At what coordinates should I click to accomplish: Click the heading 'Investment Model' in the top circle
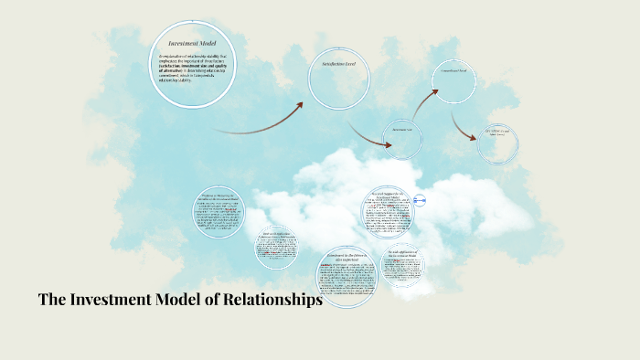(x=193, y=43)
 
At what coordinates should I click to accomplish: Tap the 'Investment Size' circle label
(x=403, y=130)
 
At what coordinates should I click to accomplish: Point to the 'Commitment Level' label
(x=453, y=70)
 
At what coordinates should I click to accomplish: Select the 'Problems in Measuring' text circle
(x=219, y=212)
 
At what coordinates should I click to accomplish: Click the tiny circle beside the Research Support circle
(x=421, y=200)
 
